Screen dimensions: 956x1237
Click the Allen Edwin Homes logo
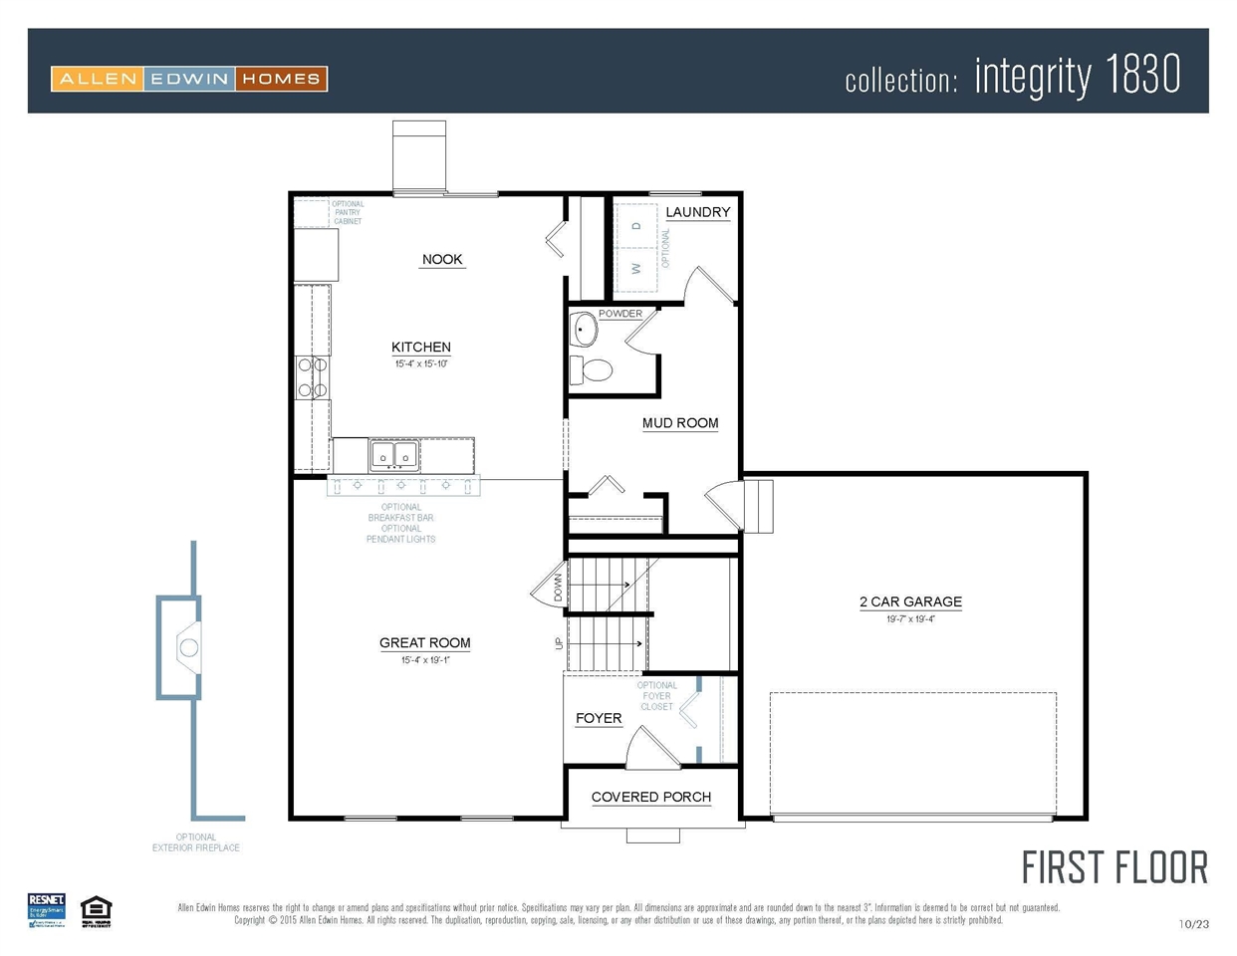(189, 79)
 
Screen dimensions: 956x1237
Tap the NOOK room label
(442, 260)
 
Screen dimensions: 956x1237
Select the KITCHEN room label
(420, 348)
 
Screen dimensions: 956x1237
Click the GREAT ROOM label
(424, 643)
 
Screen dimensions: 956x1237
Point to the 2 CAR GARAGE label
(910, 601)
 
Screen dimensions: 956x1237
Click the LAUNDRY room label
(697, 212)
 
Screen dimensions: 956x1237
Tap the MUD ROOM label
(680, 423)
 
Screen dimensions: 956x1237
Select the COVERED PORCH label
(650, 797)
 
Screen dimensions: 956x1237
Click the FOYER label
(599, 718)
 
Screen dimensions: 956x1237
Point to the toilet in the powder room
(594, 370)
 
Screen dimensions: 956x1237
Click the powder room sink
(583, 328)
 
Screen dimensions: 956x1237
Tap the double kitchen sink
(393, 456)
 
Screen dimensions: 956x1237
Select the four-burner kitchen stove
(313, 378)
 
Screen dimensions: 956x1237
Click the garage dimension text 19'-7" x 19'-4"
(910, 619)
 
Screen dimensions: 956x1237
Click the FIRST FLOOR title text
(1114, 868)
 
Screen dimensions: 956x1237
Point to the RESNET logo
(47, 910)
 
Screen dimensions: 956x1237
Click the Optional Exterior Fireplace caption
(196, 842)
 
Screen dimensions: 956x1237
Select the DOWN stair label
(559, 588)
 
